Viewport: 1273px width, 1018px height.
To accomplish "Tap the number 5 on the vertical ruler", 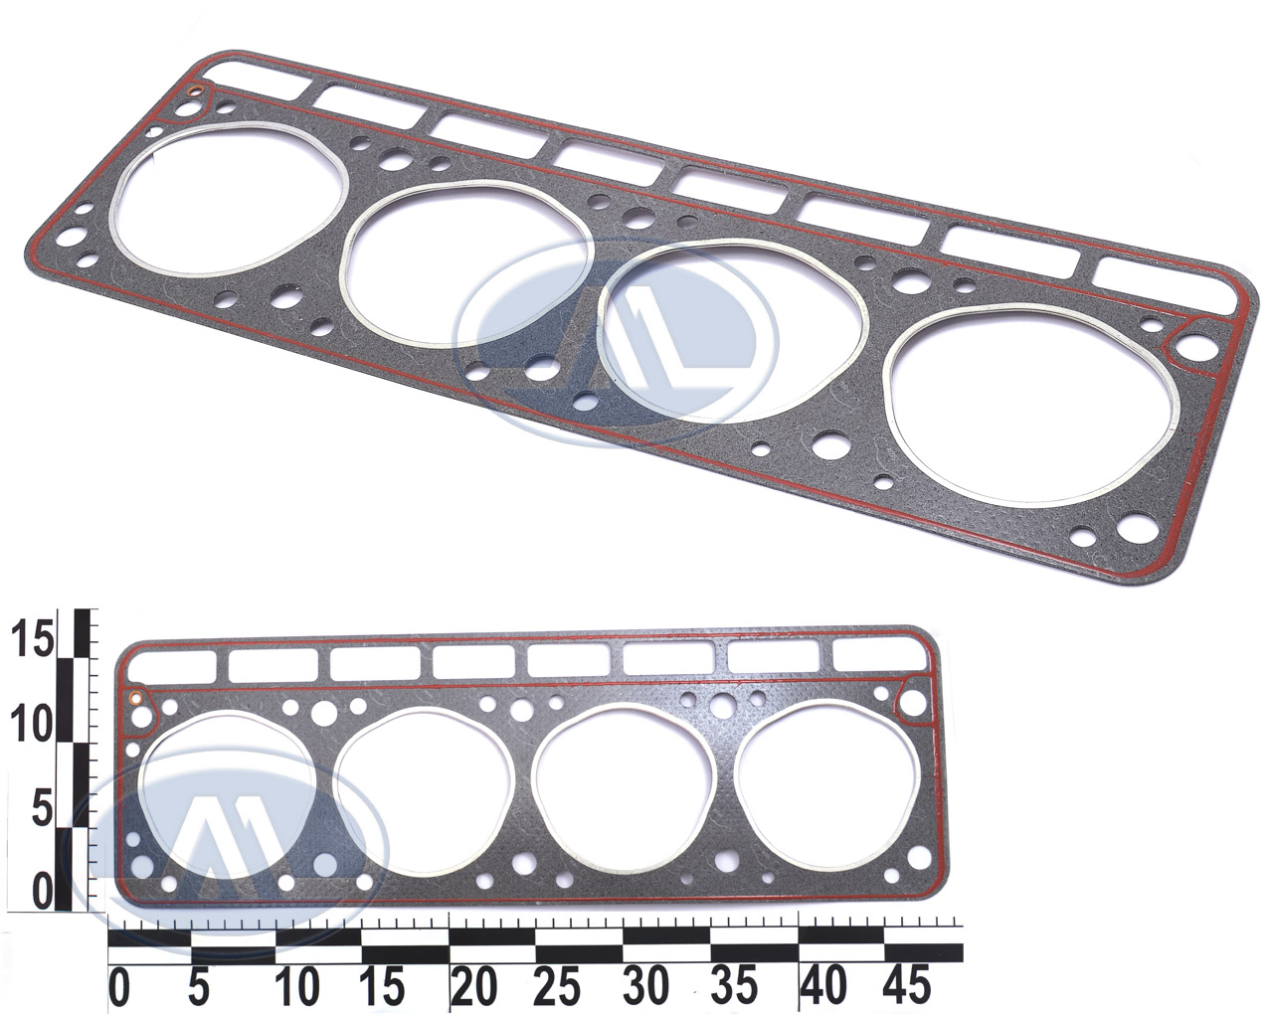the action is (x=44, y=808).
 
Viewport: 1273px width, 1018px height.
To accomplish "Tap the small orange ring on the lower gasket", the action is (x=135, y=698).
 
